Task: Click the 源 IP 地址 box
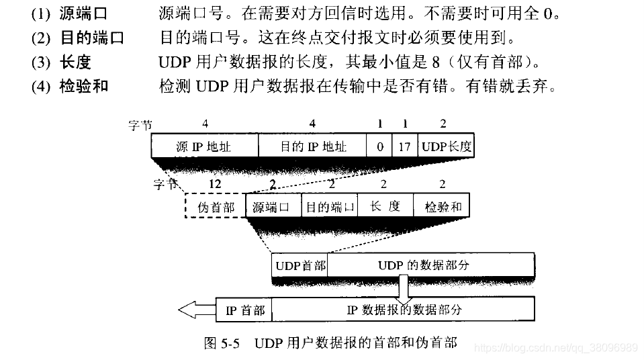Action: (x=204, y=146)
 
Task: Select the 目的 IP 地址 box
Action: (x=312, y=146)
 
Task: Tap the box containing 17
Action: (x=404, y=146)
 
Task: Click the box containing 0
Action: (x=379, y=146)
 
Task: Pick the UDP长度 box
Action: (x=446, y=146)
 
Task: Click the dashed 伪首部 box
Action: (x=216, y=207)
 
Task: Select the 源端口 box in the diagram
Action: (x=273, y=207)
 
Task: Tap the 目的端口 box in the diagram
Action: (x=330, y=207)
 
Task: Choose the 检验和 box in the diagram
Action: (x=441, y=207)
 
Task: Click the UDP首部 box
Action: (x=300, y=265)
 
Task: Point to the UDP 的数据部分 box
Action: (x=430, y=265)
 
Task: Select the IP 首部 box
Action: (x=244, y=310)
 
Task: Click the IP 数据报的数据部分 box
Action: (x=403, y=310)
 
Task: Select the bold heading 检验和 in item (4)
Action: (x=81, y=86)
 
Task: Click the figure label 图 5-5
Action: (x=221, y=343)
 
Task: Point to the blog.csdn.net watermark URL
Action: (x=556, y=347)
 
